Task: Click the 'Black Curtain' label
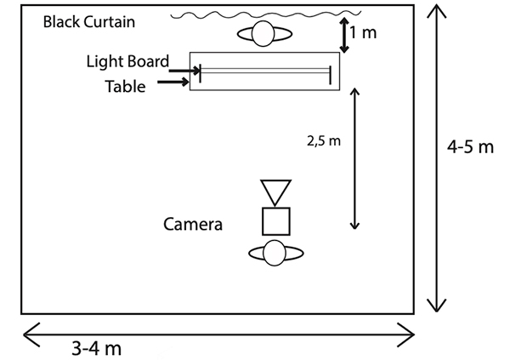tap(88, 21)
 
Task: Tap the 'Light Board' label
tap(127, 61)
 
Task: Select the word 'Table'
tap(125, 86)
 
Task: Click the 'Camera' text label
tap(193, 225)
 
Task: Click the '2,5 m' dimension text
tap(325, 139)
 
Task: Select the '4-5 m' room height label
tap(470, 147)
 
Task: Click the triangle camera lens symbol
tap(275, 191)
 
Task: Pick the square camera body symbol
tap(275, 220)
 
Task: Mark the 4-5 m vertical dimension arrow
tap(436, 157)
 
